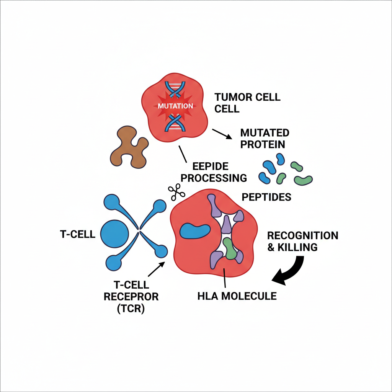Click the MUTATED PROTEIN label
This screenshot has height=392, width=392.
pos(265,138)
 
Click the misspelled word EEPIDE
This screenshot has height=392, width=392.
pos(210,167)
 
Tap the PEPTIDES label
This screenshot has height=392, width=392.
pos(266,197)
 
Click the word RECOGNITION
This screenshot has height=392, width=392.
pos(302,235)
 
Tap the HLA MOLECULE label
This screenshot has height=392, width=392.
pos(237,296)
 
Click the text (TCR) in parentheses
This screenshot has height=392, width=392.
pos(131,309)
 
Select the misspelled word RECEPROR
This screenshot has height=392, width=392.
pos(131,297)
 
